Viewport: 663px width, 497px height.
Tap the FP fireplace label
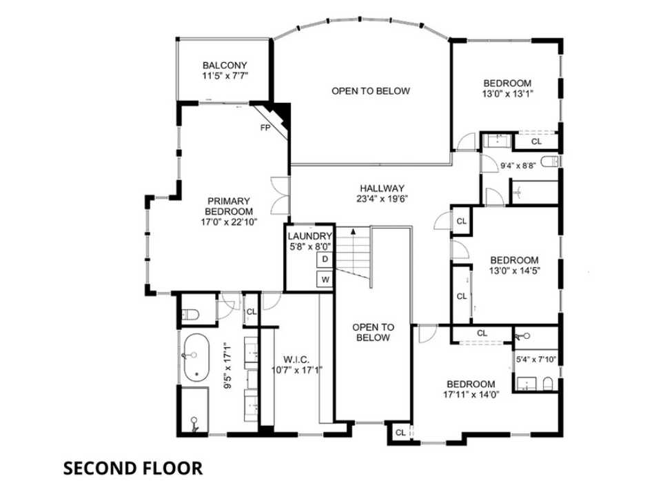pyautogui.click(x=265, y=128)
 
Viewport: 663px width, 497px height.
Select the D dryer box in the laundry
pyautogui.click(x=325, y=259)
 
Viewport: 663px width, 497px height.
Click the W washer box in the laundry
pyautogui.click(x=325, y=280)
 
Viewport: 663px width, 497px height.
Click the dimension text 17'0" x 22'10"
pyautogui.click(x=228, y=222)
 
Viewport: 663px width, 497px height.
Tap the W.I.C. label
pyautogui.click(x=297, y=359)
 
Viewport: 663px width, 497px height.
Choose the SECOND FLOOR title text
pyautogui.click(x=133, y=468)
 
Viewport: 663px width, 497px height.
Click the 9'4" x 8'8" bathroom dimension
pyautogui.click(x=518, y=166)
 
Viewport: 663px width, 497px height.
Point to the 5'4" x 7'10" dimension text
pyautogui.click(x=535, y=360)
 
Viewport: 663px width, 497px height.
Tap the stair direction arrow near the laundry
pyautogui.click(x=353, y=232)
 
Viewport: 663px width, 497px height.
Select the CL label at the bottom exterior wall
pyautogui.click(x=400, y=433)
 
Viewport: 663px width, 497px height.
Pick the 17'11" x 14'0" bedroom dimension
pyautogui.click(x=471, y=395)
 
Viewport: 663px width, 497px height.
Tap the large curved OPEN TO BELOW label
pyautogui.click(x=370, y=91)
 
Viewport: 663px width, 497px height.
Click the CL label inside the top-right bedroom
pyautogui.click(x=536, y=142)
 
